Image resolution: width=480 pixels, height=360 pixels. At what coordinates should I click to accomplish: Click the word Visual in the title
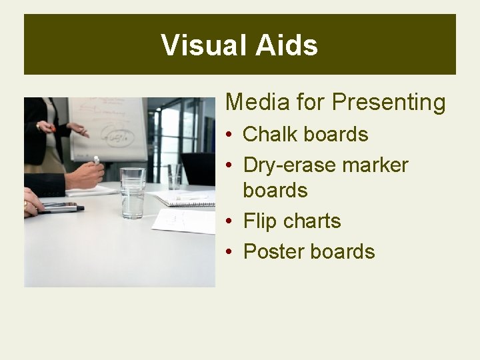pos(203,45)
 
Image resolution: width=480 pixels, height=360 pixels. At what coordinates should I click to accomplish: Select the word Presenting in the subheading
pos(389,103)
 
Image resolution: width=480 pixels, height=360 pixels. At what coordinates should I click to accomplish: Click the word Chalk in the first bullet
pos(270,134)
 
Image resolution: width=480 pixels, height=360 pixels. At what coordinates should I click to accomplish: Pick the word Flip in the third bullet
pos(259,221)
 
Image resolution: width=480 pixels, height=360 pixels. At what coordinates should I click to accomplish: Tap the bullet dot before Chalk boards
pos(228,135)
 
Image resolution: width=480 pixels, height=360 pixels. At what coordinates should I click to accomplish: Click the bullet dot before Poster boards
pos(228,253)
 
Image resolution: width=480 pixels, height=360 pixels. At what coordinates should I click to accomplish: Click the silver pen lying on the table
pos(60,209)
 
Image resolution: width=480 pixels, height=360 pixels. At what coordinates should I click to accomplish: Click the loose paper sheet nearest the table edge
pos(185,221)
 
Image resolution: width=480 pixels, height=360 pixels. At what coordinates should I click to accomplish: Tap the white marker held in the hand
pos(96,160)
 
